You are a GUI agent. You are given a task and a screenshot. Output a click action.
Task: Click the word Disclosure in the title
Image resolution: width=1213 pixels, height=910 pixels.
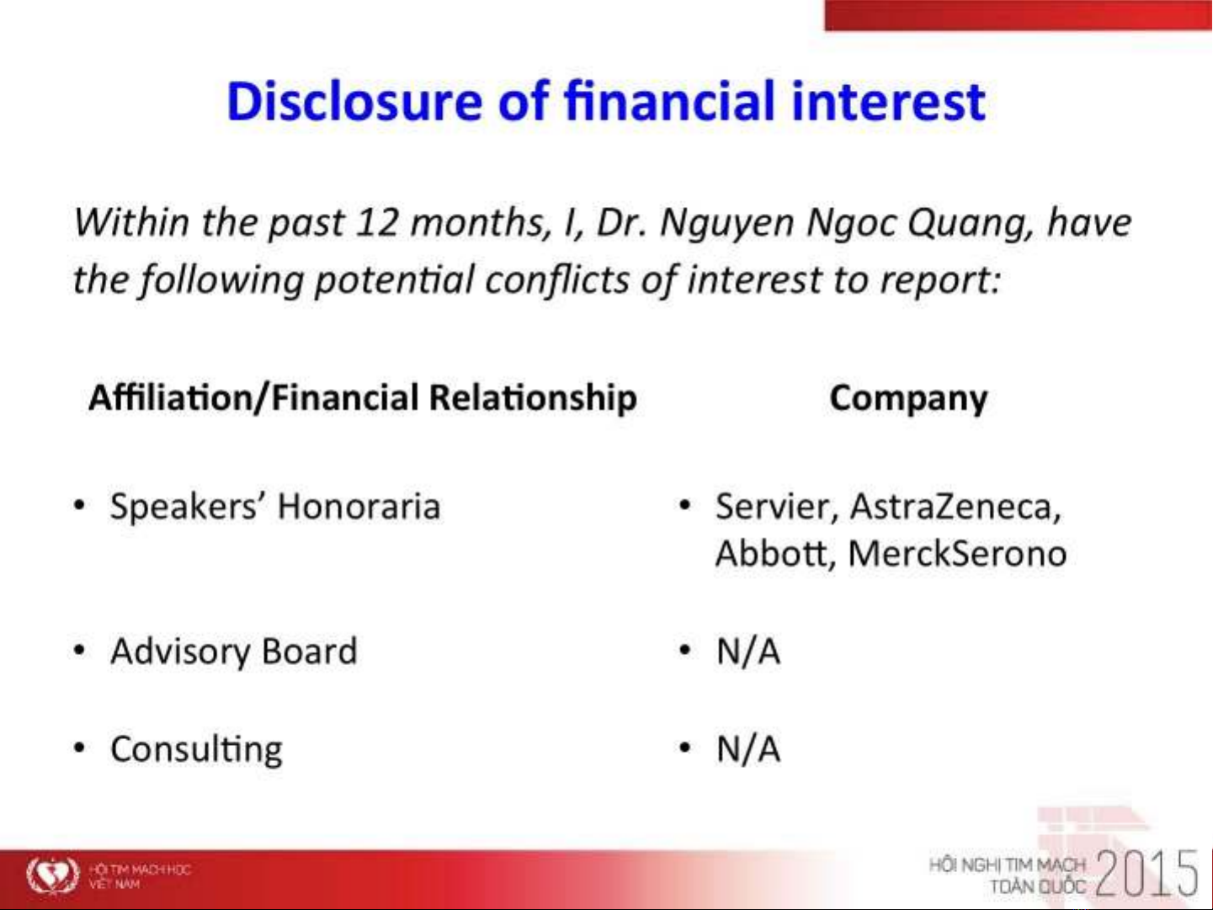pos(354,100)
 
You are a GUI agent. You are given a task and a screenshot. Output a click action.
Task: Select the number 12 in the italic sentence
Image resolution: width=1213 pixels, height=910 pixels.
pos(377,222)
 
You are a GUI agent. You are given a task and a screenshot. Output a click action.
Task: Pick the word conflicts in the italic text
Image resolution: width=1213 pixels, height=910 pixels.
pos(557,280)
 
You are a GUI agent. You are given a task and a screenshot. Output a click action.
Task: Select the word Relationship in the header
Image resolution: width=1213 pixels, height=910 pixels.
pos(533,399)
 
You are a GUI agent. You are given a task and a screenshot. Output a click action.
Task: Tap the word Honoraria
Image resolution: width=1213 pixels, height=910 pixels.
pos(359,506)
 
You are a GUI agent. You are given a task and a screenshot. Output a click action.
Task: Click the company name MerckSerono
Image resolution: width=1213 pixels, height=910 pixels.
pos(957,554)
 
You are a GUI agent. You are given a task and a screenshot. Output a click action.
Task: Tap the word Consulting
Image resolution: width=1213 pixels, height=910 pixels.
pos(196,751)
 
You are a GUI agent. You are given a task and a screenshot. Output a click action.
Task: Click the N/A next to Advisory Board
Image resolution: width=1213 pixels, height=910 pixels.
pos(748,652)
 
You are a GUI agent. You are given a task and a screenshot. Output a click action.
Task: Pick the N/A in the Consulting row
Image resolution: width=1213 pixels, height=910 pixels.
pos(748,749)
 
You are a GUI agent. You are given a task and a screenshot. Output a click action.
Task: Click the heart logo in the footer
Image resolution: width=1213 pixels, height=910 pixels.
pos(53,874)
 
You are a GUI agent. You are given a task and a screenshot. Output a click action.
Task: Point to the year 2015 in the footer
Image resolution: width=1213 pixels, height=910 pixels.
pos(1146,874)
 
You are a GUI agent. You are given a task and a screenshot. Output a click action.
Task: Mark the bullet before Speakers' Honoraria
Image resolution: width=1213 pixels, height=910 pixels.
pos(80,506)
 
